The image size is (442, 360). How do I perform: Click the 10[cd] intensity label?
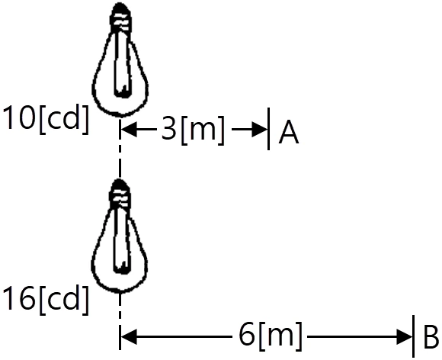46,119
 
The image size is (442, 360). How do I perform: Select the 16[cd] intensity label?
46,301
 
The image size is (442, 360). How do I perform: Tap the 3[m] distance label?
194,130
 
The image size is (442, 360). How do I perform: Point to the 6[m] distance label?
271,336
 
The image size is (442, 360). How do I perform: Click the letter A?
289,132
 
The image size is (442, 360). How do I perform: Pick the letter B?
431,337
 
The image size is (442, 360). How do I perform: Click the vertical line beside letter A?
269,129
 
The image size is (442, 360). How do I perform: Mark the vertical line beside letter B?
413,336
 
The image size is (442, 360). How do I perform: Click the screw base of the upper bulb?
120,18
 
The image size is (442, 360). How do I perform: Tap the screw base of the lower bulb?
120,194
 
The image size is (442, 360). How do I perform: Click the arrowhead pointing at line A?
259,130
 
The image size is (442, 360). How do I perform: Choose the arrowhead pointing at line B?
404,336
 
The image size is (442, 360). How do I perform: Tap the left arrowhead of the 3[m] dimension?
129,130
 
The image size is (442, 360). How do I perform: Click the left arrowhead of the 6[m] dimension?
129,336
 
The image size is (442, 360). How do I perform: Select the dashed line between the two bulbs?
120,147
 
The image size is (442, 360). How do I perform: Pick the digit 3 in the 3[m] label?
169,128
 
